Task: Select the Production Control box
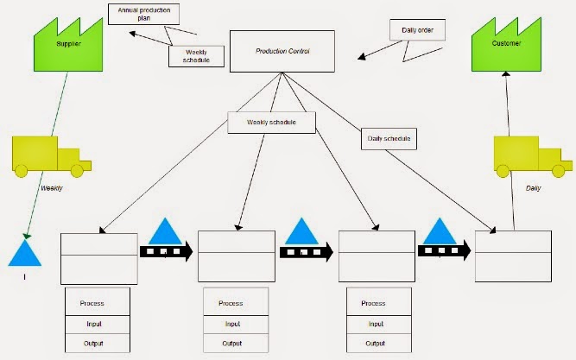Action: (282, 52)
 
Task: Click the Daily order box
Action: (424, 30)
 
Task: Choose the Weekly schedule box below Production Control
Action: (271, 123)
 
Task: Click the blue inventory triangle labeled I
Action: (25, 254)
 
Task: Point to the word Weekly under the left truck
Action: (52, 187)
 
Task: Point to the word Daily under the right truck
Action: (534, 187)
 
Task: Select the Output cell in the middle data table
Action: (231, 344)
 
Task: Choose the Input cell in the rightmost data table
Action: (373, 324)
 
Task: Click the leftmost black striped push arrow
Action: (168, 251)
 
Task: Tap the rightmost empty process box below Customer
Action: (513, 256)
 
